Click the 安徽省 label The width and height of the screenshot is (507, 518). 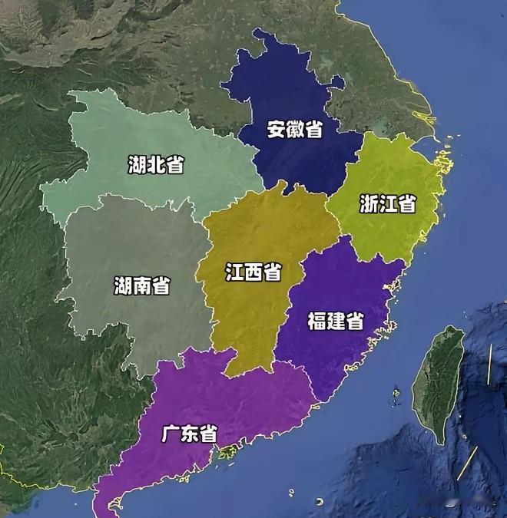pyautogui.click(x=294, y=129)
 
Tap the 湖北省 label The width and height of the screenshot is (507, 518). pyautogui.click(x=156, y=163)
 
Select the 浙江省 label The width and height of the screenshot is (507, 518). pyautogui.click(x=388, y=203)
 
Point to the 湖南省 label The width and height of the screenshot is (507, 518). pyautogui.click(x=142, y=286)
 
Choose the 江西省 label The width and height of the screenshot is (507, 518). pyautogui.click(x=253, y=272)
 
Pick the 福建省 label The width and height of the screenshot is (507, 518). pyautogui.click(x=336, y=320)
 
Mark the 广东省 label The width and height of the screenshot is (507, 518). pyautogui.click(x=189, y=434)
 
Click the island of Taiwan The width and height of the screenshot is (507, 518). pyautogui.click(x=439, y=384)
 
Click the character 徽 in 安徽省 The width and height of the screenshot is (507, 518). pyautogui.click(x=294, y=129)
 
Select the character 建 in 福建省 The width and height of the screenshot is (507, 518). pyautogui.click(x=336, y=320)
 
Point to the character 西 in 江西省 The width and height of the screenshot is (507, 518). pyautogui.click(x=253, y=272)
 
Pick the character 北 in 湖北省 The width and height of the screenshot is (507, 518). pyautogui.click(x=156, y=163)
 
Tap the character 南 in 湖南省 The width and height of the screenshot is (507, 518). pyautogui.click(x=142, y=286)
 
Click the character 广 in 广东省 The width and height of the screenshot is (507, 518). pyautogui.click(x=171, y=434)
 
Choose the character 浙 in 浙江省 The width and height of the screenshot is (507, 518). pyautogui.click(x=369, y=203)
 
